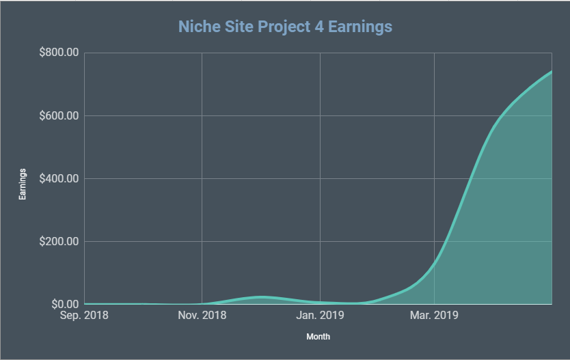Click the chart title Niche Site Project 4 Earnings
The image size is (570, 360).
pyautogui.click(x=285, y=27)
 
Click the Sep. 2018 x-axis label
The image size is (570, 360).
pyautogui.click(x=84, y=316)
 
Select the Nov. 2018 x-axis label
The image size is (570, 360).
pyautogui.click(x=202, y=316)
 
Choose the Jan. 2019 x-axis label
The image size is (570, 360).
pyautogui.click(x=320, y=316)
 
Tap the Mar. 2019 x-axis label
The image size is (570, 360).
pyautogui.click(x=434, y=316)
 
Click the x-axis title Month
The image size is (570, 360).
pyautogui.click(x=318, y=337)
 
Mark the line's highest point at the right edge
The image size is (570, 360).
pyautogui.click(x=551, y=71)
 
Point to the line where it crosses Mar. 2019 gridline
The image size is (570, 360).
pyautogui.click(x=435, y=260)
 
